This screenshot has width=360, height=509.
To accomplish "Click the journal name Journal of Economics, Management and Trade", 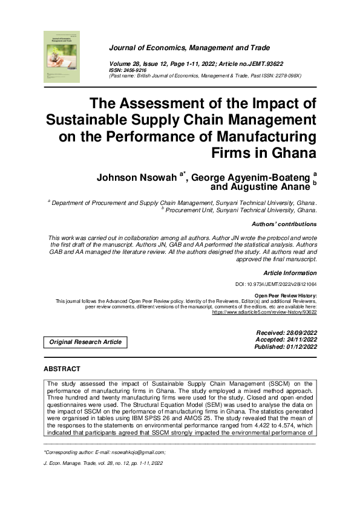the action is pos(189,48).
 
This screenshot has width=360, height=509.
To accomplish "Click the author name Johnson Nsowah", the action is pos(136,178).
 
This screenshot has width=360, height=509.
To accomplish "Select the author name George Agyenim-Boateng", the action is pos(251,178).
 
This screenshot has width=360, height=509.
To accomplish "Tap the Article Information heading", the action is pos(290,273).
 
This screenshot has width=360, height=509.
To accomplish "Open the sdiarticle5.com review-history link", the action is pos(264,313).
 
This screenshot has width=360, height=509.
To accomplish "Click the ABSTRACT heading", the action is pos(62,369).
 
